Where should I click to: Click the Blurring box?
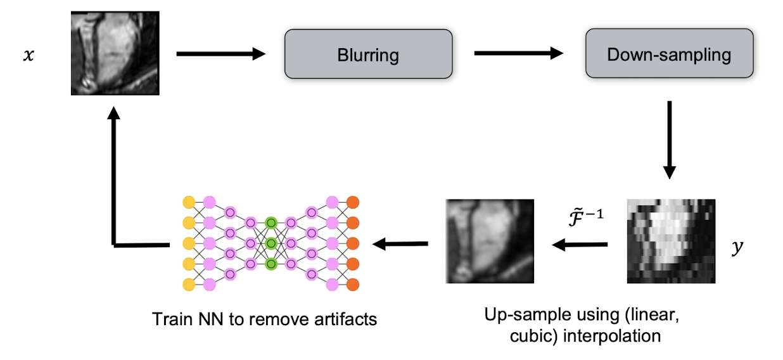pos(368,55)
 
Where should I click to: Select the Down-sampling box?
pos(669,55)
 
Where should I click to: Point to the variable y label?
pos(736,247)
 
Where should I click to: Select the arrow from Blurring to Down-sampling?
pos(518,54)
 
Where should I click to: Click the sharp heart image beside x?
pos(114,53)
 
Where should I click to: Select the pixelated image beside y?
pos(671,241)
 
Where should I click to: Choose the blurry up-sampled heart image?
pos(489,241)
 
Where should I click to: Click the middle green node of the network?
pos(271,243)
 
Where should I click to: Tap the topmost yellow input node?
pos(188,203)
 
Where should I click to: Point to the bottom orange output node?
pos(353,283)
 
